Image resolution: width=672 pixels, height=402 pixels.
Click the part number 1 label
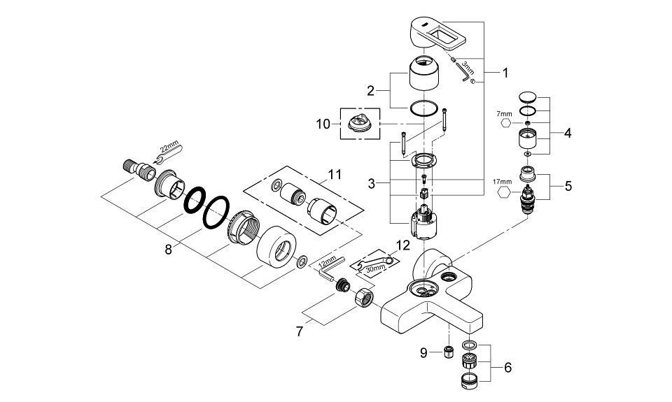click(x=505, y=72)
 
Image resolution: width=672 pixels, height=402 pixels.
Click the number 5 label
click(x=568, y=187)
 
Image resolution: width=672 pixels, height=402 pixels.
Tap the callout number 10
click(x=323, y=124)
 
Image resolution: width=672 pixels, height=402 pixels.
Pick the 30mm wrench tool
click(x=372, y=263)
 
